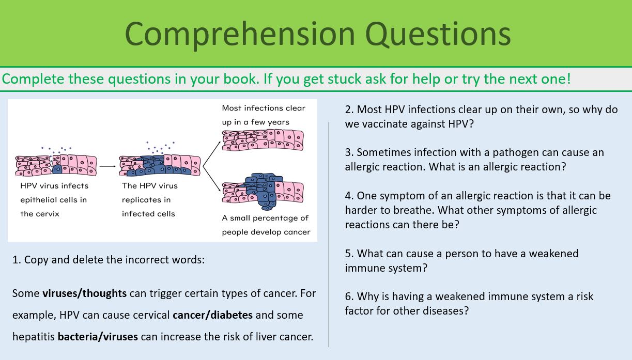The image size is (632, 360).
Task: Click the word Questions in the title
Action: [x=438, y=34]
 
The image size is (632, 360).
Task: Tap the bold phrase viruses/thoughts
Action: [x=84, y=293]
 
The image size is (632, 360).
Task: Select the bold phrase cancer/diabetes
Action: [x=212, y=315]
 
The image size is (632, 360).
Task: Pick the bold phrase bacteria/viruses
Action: [x=98, y=337]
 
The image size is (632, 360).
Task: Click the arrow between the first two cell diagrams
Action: [x=107, y=166]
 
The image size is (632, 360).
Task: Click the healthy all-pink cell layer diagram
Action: [x=263, y=140]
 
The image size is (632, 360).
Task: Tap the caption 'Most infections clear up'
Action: [x=263, y=115]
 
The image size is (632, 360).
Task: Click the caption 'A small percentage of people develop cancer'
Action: [x=266, y=225]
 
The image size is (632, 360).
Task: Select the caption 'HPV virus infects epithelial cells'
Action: [x=54, y=199]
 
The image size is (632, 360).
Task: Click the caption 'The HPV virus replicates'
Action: [x=149, y=199]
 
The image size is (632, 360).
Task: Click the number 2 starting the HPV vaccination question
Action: [x=348, y=109]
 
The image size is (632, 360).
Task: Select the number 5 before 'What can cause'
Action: [x=348, y=254]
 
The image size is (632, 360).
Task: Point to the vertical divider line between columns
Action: [x=329, y=232]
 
